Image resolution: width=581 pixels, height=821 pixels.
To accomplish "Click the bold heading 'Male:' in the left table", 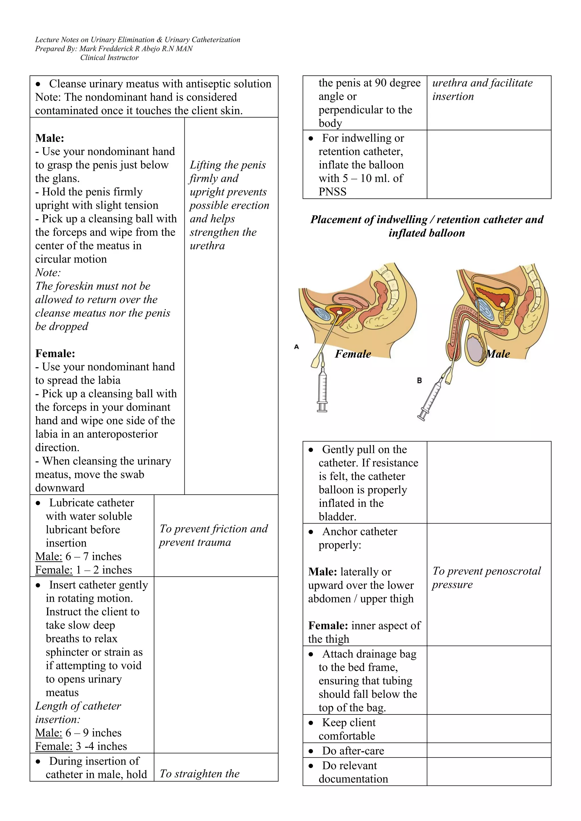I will pyautogui.click(x=49, y=138).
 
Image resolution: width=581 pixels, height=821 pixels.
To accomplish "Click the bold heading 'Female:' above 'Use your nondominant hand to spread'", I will pyautogui.click(x=55, y=353).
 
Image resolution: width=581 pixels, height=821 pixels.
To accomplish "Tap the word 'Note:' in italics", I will pyautogui.click(x=48, y=273).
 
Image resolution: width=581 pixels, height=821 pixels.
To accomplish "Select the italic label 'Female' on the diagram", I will pyautogui.click(x=353, y=354).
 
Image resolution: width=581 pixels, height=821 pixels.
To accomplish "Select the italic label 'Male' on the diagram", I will pyautogui.click(x=498, y=354).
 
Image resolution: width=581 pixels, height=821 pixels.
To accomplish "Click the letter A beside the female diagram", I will pyautogui.click(x=296, y=346).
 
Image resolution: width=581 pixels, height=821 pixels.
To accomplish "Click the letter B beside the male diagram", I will pyautogui.click(x=419, y=380).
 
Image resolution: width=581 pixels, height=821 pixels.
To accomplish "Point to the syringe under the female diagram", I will pyautogui.click(x=322, y=390).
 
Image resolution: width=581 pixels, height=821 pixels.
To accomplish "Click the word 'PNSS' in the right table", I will pyautogui.click(x=332, y=192).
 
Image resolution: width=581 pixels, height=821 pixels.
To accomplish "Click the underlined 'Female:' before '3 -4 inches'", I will pyautogui.click(x=54, y=746).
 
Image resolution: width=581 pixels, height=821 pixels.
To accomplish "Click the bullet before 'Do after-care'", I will pyautogui.click(x=311, y=751).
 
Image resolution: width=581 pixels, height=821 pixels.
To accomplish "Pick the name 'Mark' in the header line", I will pyautogui.click(x=87, y=49).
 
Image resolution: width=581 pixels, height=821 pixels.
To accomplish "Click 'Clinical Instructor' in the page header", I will pyautogui.click(x=109, y=58).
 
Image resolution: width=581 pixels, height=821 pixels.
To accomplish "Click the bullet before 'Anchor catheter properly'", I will pyautogui.click(x=311, y=532).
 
